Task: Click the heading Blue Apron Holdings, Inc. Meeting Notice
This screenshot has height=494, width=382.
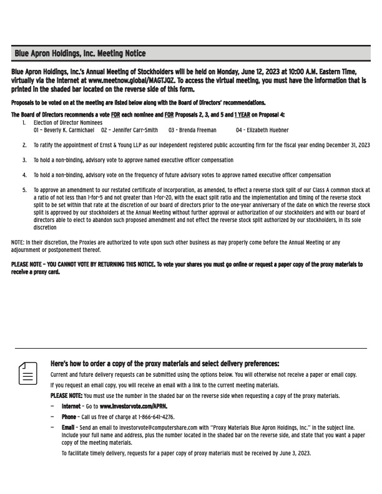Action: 79,54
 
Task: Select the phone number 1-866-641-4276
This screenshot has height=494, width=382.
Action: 154,417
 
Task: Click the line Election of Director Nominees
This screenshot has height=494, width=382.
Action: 67,123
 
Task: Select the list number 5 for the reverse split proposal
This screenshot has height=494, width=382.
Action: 24,190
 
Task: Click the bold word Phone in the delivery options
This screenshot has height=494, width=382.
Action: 69,417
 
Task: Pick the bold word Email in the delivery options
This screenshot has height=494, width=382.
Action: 68,427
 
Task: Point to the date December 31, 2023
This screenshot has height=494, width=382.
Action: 343,145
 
